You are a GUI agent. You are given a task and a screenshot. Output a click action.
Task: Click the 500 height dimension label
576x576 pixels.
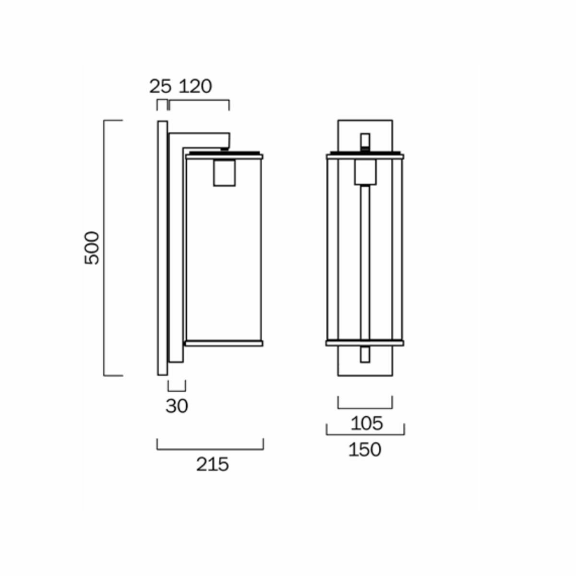(x=91, y=248)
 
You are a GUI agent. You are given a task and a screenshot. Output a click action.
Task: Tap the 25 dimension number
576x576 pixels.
(x=160, y=87)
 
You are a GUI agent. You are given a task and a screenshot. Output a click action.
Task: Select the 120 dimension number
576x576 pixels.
(x=195, y=87)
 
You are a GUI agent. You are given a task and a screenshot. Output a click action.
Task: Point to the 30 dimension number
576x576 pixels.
(x=177, y=407)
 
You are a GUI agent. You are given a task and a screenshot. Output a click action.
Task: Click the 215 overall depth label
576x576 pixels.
(x=212, y=464)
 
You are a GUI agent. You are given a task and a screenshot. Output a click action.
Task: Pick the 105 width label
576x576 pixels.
(x=367, y=423)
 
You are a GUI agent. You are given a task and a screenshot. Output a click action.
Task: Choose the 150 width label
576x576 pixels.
(x=365, y=450)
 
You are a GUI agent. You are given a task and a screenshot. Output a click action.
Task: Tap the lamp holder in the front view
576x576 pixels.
(x=365, y=172)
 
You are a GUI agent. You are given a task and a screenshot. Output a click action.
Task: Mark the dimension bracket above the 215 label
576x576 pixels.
(x=210, y=449)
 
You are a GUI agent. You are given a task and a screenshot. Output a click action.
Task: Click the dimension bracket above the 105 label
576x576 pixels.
(x=365, y=408)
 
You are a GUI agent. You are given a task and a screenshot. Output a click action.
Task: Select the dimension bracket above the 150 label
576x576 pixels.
(x=365, y=434)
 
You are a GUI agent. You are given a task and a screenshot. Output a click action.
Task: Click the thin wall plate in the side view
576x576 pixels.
(x=162, y=248)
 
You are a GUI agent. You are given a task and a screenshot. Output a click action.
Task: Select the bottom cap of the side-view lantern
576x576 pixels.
(x=224, y=343)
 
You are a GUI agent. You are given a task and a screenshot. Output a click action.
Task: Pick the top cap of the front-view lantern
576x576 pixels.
(x=365, y=156)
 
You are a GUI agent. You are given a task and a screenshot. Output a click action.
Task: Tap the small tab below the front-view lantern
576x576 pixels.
(x=365, y=354)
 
